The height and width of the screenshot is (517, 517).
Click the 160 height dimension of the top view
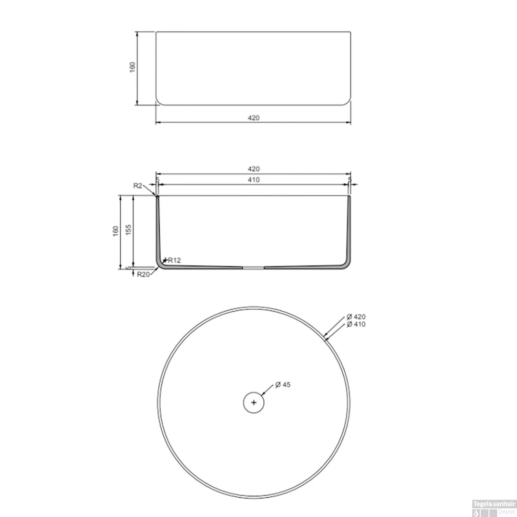coord(132,67)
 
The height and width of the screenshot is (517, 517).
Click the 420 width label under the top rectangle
coord(253,118)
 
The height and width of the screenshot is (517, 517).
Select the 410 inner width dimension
coord(253,180)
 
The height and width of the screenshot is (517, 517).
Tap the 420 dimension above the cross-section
coord(253,169)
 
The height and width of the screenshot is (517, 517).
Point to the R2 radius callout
coord(138,186)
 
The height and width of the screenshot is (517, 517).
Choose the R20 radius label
coord(143,275)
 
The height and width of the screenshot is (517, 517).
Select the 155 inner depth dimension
coord(129,230)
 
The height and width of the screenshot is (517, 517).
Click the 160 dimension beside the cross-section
coord(115,231)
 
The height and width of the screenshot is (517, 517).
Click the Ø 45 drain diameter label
coord(283,385)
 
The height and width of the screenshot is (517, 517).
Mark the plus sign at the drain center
coord(254,402)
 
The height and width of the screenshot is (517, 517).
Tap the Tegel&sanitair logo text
coord(494,504)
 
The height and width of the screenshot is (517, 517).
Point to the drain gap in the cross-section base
coord(253,267)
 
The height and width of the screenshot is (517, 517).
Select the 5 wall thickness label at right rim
coord(349,180)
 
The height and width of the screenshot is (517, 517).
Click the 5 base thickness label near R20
coord(128,268)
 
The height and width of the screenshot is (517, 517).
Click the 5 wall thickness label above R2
coord(158,180)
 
